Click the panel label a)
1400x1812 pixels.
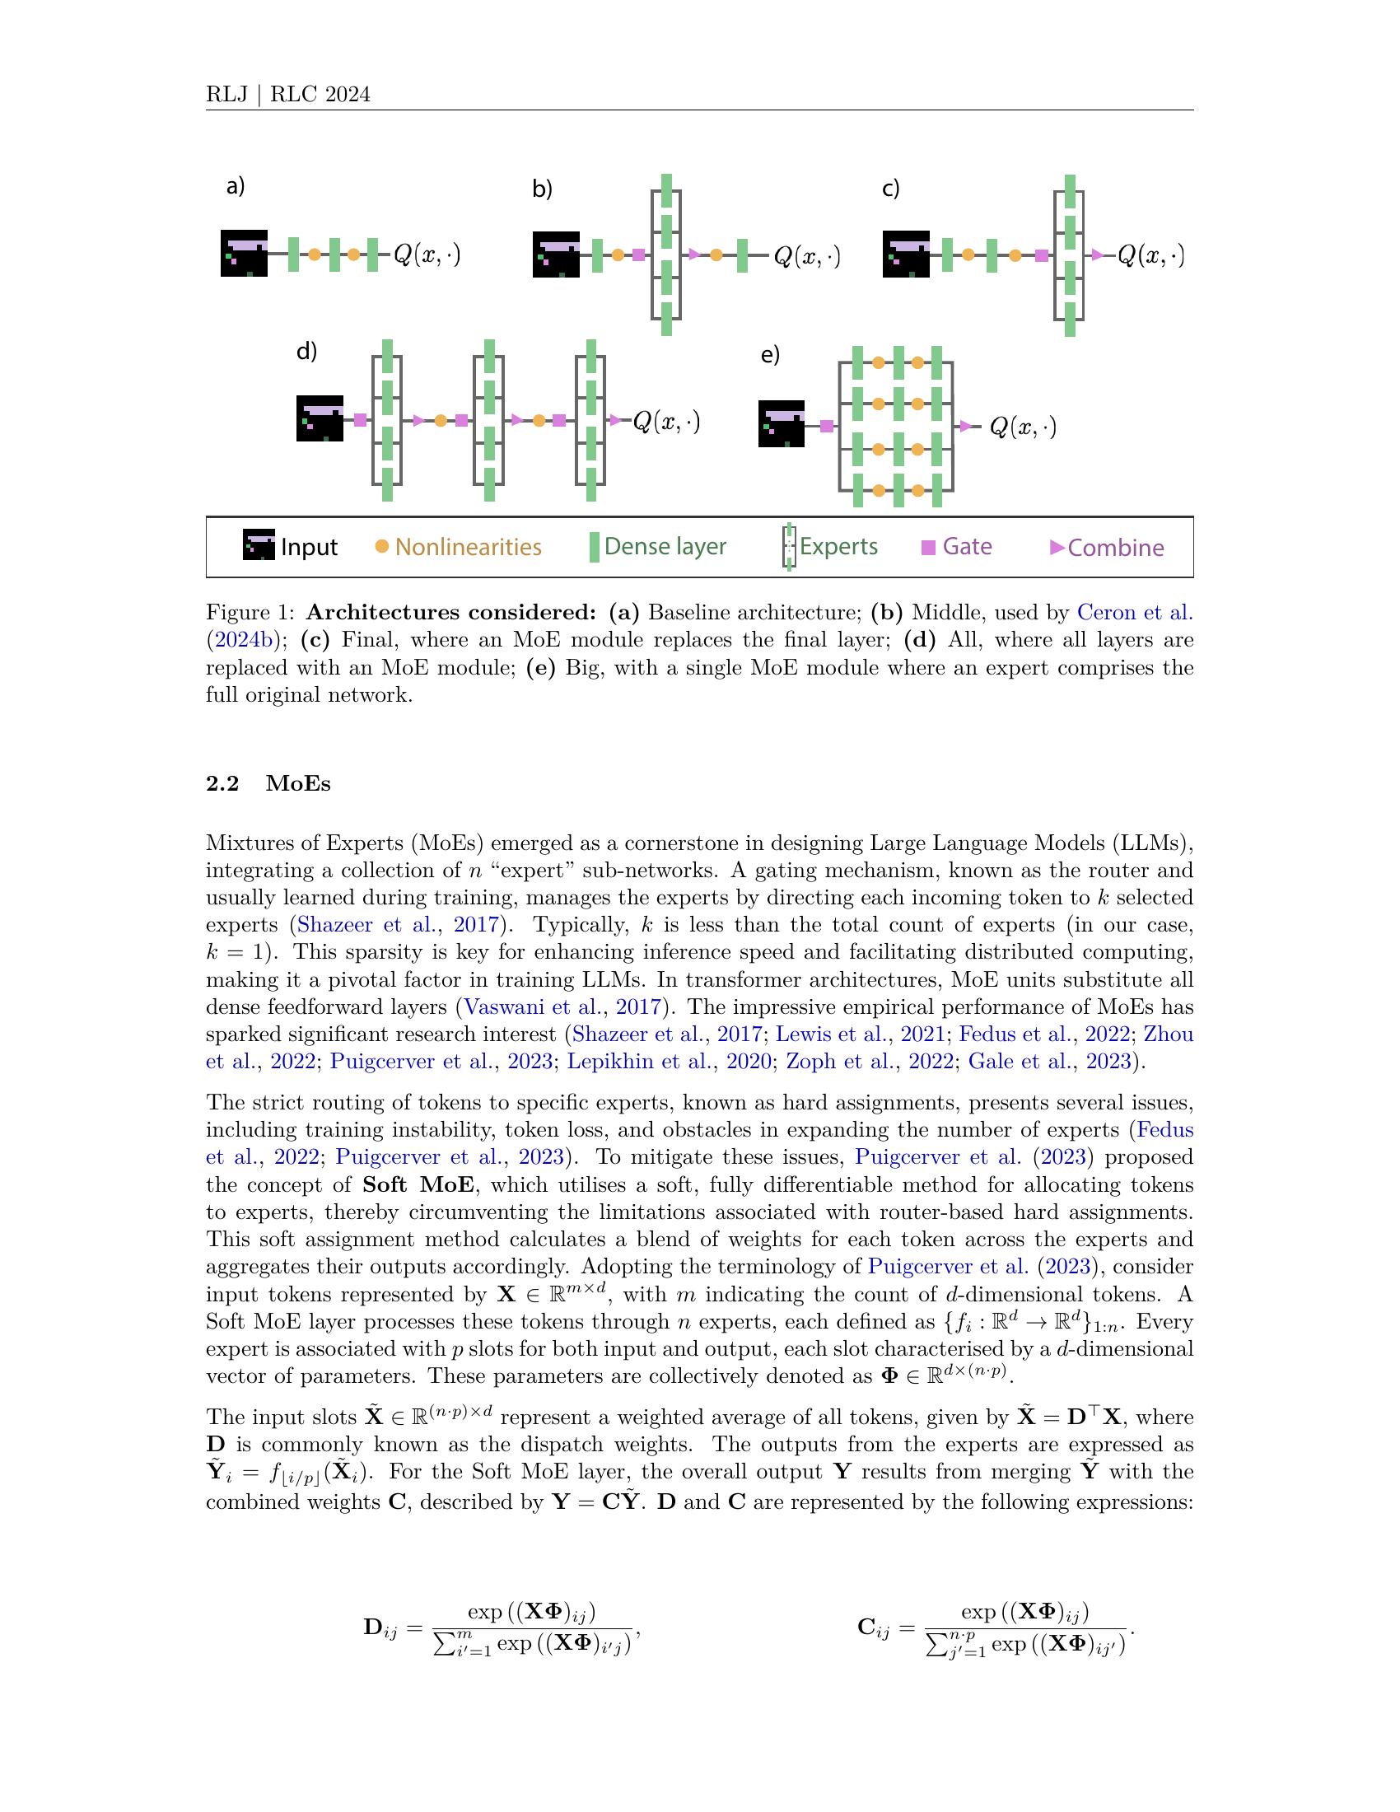(x=236, y=187)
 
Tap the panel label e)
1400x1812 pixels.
(x=770, y=355)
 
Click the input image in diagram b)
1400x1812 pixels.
(x=556, y=254)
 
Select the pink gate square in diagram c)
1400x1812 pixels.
(x=1041, y=255)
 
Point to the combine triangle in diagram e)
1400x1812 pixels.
(x=964, y=427)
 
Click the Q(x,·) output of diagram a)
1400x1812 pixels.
(x=427, y=254)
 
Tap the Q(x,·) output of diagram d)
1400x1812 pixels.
(x=666, y=422)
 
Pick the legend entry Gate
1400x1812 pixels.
(x=957, y=546)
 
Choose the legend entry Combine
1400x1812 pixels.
(x=1106, y=548)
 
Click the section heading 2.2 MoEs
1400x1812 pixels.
(x=268, y=784)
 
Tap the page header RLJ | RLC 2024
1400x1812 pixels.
(x=287, y=95)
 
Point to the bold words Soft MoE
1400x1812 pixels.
(x=418, y=1184)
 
